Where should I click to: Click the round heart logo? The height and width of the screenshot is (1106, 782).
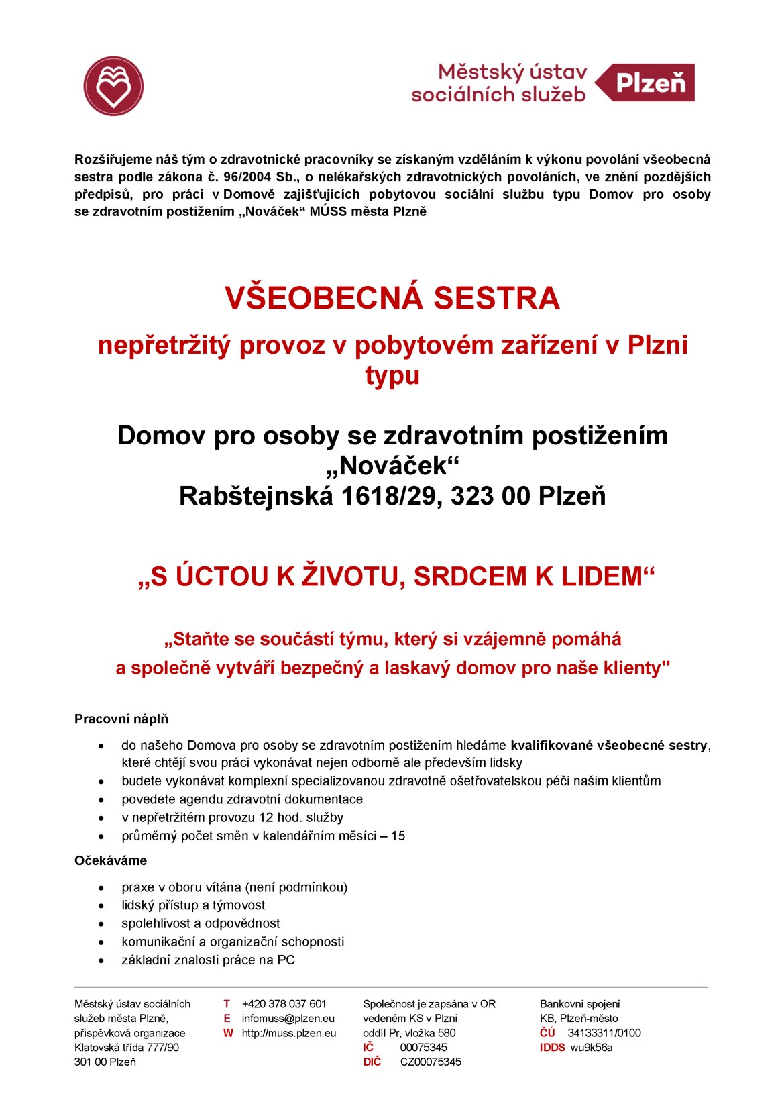[x=114, y=86]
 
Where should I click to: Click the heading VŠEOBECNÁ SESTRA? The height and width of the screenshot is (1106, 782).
[x=392, y=298]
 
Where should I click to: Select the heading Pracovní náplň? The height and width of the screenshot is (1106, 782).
[x=121, y=719]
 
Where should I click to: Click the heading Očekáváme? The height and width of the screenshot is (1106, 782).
[x=111, y=860]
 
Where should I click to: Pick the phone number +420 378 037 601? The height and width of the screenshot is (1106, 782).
[x=284, y=1004]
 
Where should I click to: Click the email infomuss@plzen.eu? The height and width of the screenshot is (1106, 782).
[x=288, y=1018]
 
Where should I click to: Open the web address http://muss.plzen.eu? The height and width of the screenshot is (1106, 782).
[x=289, y=1033]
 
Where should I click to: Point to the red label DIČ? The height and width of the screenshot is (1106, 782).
[x=372, y=1062]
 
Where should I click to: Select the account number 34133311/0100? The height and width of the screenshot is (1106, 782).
[x=604, y=1033]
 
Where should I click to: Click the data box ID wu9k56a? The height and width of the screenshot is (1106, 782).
[x=592, y=1048]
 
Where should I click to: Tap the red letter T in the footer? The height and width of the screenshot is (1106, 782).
[x=227, y=1004]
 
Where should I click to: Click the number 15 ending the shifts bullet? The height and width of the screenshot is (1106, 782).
[x=398, y=836]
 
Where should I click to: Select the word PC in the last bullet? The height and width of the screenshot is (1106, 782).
[x=286, y=960]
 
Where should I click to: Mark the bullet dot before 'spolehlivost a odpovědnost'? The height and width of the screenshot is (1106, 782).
[x=101, y=924]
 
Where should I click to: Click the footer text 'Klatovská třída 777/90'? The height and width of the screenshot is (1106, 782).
[x=127, y=1048]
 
